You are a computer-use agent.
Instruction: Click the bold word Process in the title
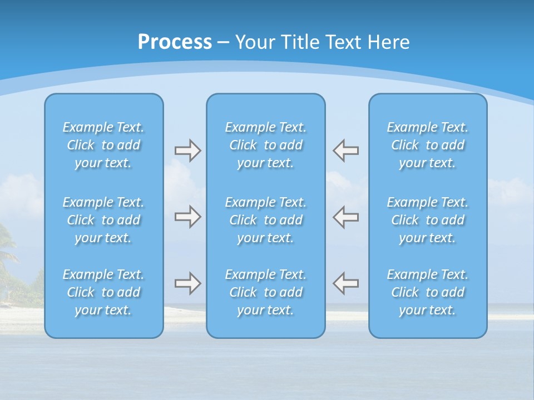[175, 42]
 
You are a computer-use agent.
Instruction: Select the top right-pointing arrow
[188, 151]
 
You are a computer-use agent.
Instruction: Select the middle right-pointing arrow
[188, 217]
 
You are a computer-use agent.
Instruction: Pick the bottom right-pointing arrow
[188, 283]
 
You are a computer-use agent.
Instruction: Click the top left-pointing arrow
[345, 151]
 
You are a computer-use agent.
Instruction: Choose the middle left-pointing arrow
[345, 217]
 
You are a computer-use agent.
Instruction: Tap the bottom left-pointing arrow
[345, 283]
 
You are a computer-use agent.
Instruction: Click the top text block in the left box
[103, 145]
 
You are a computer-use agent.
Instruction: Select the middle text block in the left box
[103, 220]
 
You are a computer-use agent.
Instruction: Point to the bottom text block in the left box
[103, 292]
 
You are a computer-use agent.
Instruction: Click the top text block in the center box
[266, 145]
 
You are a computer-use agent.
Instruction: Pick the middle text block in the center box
[266, 220]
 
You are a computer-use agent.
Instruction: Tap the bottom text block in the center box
[266, 292]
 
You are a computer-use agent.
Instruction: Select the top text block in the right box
[428, 145]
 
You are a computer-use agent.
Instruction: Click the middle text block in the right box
[428, 220]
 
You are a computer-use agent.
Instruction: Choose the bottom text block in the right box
[428, 292]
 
